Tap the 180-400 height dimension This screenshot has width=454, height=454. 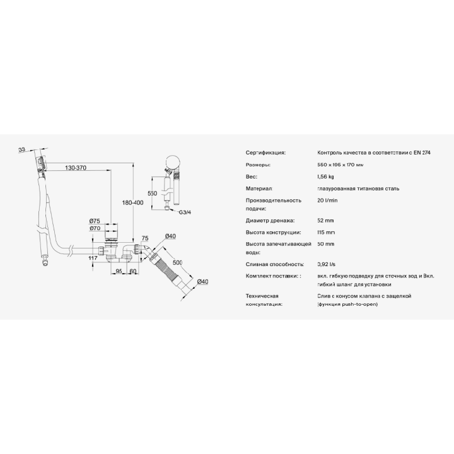[132, 202]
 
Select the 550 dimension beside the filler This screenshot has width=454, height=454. [151, 193]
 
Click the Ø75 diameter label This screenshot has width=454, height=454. [95, 220]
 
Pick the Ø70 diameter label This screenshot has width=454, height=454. [95, 228]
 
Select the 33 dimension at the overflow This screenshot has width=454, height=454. [21, 149]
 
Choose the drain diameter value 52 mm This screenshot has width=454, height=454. [326, 221]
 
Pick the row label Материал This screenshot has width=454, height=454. [258, 189]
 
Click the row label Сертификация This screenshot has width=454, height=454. [265, 153]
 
